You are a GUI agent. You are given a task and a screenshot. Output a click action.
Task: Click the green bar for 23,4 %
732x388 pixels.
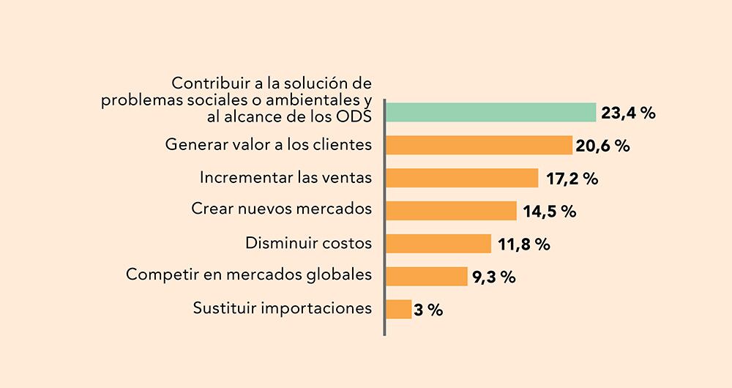click(490, 112)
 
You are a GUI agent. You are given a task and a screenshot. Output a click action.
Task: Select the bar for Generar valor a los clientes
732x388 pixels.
click(479, 145)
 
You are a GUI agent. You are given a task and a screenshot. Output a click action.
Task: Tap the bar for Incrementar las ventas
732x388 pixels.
click(462, 178)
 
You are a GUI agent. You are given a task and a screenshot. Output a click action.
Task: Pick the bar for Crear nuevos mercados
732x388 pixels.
click(451, 211)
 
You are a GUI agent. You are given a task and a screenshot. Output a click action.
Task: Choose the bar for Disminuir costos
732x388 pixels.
click(438, 244)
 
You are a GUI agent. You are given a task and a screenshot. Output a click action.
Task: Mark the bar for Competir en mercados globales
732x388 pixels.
click(426, 276)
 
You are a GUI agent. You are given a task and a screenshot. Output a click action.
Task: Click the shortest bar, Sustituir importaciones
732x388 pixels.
click(398, 309)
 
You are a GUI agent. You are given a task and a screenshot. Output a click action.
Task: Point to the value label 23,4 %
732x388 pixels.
click(627, 113)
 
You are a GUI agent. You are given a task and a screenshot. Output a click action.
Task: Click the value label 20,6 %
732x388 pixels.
click(602, 146)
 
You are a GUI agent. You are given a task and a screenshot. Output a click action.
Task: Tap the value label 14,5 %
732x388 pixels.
click(549, 212)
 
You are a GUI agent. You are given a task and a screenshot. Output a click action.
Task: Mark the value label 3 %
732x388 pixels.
click(428, 310)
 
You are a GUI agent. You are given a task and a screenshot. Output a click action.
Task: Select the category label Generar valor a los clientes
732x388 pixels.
click(269, 145)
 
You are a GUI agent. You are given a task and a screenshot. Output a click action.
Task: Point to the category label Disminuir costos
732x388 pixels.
click(308, 242)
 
